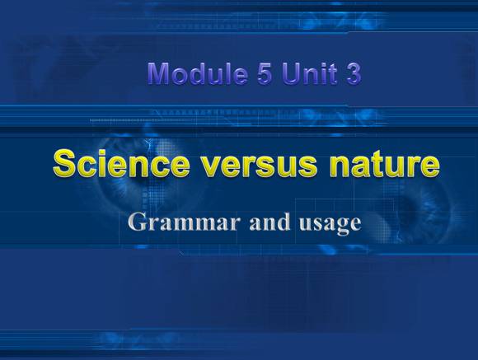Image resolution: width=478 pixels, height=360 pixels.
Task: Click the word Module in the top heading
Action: pos(197,73)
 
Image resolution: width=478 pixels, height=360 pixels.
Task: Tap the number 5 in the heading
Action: pos(264,74)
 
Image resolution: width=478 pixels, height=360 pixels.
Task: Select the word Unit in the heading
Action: pos(310,73)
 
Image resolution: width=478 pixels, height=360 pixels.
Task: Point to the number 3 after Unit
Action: pos(354,74)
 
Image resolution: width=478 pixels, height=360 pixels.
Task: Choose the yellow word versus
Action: pos(260,166)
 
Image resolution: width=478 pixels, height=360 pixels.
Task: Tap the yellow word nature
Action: pos(385,165)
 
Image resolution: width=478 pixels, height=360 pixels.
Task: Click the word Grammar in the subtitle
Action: pos(184,222)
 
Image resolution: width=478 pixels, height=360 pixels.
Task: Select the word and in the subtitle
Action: pos(269,222)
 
